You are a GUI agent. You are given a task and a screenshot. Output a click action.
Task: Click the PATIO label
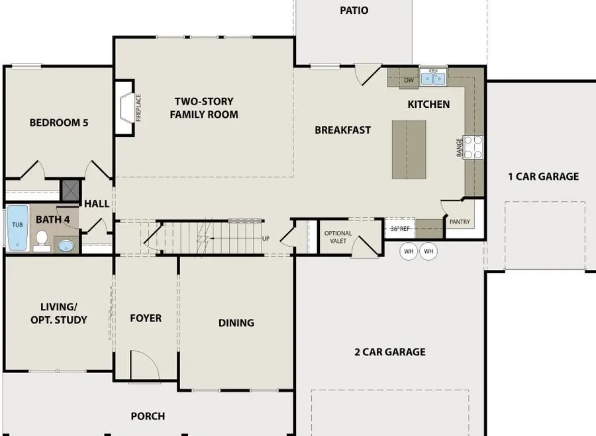tap(354, 11)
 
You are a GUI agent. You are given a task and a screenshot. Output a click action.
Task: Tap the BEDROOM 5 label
tap(59, 122)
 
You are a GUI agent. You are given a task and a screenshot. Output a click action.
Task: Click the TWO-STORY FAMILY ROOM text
tap(204, 108)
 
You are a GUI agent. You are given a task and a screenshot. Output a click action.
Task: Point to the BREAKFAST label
tap(342, 130)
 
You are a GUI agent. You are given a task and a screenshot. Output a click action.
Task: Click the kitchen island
tap(409, 150)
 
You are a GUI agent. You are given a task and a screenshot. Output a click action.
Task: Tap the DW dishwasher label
tap(409, 80)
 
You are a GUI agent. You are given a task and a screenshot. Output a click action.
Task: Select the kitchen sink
tap(434, 77)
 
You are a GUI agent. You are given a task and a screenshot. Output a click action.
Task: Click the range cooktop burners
tap(473, 147)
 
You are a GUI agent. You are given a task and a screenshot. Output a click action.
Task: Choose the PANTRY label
tap(460, 222)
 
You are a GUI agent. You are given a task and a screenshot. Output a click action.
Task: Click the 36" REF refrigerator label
tap(401, 229)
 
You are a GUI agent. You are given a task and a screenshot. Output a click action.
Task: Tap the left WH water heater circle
tap(409, 251)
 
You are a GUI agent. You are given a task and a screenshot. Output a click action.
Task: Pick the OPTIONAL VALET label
tap(338, 237)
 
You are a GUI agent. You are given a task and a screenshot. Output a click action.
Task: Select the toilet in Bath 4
tap(41, 240)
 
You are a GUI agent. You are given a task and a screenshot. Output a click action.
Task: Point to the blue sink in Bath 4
tap(66, 246)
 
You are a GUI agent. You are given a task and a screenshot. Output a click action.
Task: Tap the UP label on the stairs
tap(266, 238)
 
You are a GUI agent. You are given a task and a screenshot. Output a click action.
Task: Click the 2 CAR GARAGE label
tap(389, 352)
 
